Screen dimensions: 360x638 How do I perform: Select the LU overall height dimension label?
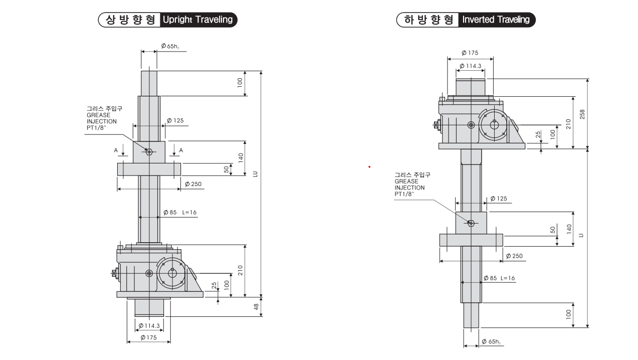click(x=255, y=173)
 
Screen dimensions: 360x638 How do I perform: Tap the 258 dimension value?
click(x=582, y=114)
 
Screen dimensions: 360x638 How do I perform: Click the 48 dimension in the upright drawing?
click(x=256, y=307)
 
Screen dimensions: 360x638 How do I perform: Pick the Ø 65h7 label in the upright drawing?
click(x=170, y=46)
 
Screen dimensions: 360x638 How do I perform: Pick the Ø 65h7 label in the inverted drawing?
click(x=491, y=341)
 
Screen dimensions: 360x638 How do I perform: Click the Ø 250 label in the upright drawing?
click(x=193, y=184)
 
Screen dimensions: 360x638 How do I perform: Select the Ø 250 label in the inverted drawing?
click(x=514, y=256)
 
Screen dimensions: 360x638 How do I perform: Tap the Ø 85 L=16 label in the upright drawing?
click(x=180, y=213)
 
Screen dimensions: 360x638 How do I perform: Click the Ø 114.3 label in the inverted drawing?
click(x=470, y=66)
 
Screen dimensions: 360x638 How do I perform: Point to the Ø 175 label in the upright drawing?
click(x=148, y=337)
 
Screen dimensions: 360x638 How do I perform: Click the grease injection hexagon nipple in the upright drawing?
click(x=149, y=151)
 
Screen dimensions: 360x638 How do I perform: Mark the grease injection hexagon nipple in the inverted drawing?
click(x=471, y=223)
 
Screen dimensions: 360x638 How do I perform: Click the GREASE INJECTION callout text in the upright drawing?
click(x=102, y=118)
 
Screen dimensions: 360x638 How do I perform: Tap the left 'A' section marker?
click(x=116, y=150)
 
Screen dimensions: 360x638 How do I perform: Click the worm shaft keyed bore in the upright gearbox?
click(x=172, y=273)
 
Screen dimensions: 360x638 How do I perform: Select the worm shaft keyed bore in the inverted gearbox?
click(x=495, y=124)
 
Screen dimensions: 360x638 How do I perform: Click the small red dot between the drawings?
click(x=369, y=166)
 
